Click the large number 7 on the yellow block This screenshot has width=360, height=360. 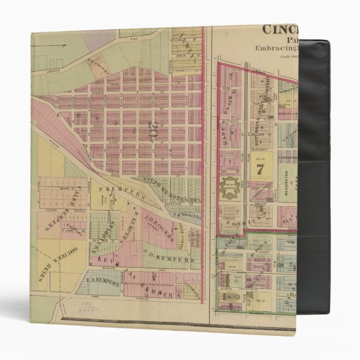259,171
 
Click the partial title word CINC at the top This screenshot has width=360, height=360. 283,29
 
